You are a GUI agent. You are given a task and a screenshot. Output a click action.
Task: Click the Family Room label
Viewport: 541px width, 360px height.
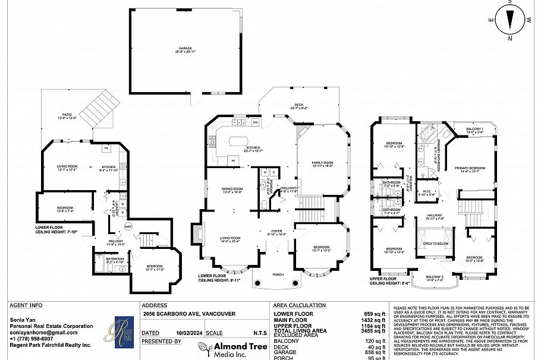click(321, 164)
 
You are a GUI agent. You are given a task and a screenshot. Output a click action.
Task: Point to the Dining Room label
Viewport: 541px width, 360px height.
click(232, 190)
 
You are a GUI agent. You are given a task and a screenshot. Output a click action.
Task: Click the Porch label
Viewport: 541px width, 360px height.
click(278, 274)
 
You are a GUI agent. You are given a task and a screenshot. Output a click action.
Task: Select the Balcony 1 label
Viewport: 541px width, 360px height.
click(474, 130)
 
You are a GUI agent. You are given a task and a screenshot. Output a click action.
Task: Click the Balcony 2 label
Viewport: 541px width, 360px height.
click(436, 277)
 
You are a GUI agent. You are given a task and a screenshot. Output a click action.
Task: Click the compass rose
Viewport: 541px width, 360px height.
click(509, 20)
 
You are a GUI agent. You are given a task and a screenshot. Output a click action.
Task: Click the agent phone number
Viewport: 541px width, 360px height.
click(31, 339)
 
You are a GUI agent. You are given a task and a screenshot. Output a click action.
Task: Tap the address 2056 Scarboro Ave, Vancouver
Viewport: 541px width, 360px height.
click(185, 314)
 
